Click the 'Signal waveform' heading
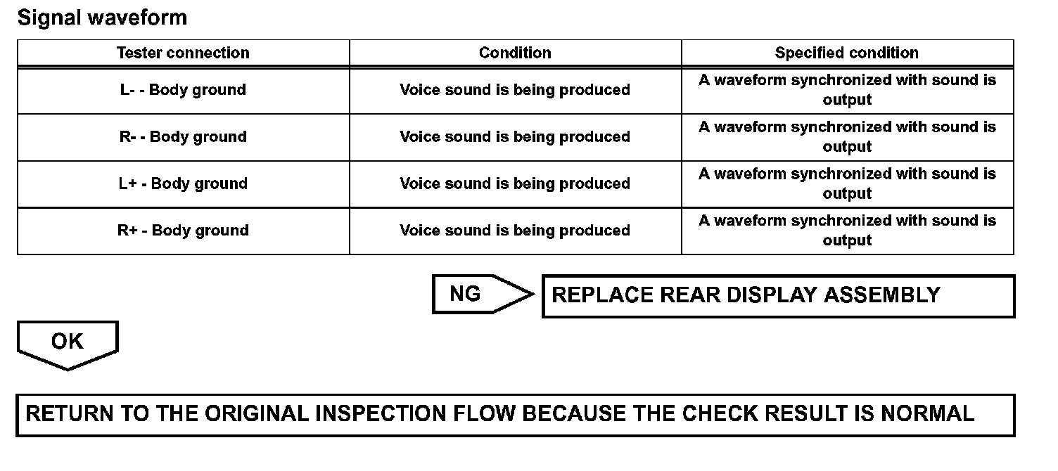pyautogui.click(x=103, y=18)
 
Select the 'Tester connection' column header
pyautogui.click(x=183, y=53)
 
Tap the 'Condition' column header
pyautogui.click(x=515, y=53)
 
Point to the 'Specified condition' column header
pyautogui.click(x=847, y=53)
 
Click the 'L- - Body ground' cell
pyautogui.click(x=183, y=90)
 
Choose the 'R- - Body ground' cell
pyautogui.click(x=183, y=137)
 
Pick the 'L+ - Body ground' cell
pyautogui.click(x=183, y=183)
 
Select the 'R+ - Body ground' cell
pyautogui.click(x=183, y=231)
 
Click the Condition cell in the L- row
pyautogui.click(x=515, y=90)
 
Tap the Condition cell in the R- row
pyautogui.click(x=515, y=137)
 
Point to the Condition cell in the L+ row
pyautogui.click(x=515, y=183)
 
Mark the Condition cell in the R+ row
pyautogui.click(x=515, y=231)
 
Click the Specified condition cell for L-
pyautogui.click(x=847, y=90)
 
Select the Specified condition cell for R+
pyautogui.click(x=847, y=231)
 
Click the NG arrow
pyautogui.click(x=478, y=294)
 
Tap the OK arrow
pyautogui.click(x=68, y=343)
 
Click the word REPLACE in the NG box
pyautogui.click(x=601, y=295)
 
